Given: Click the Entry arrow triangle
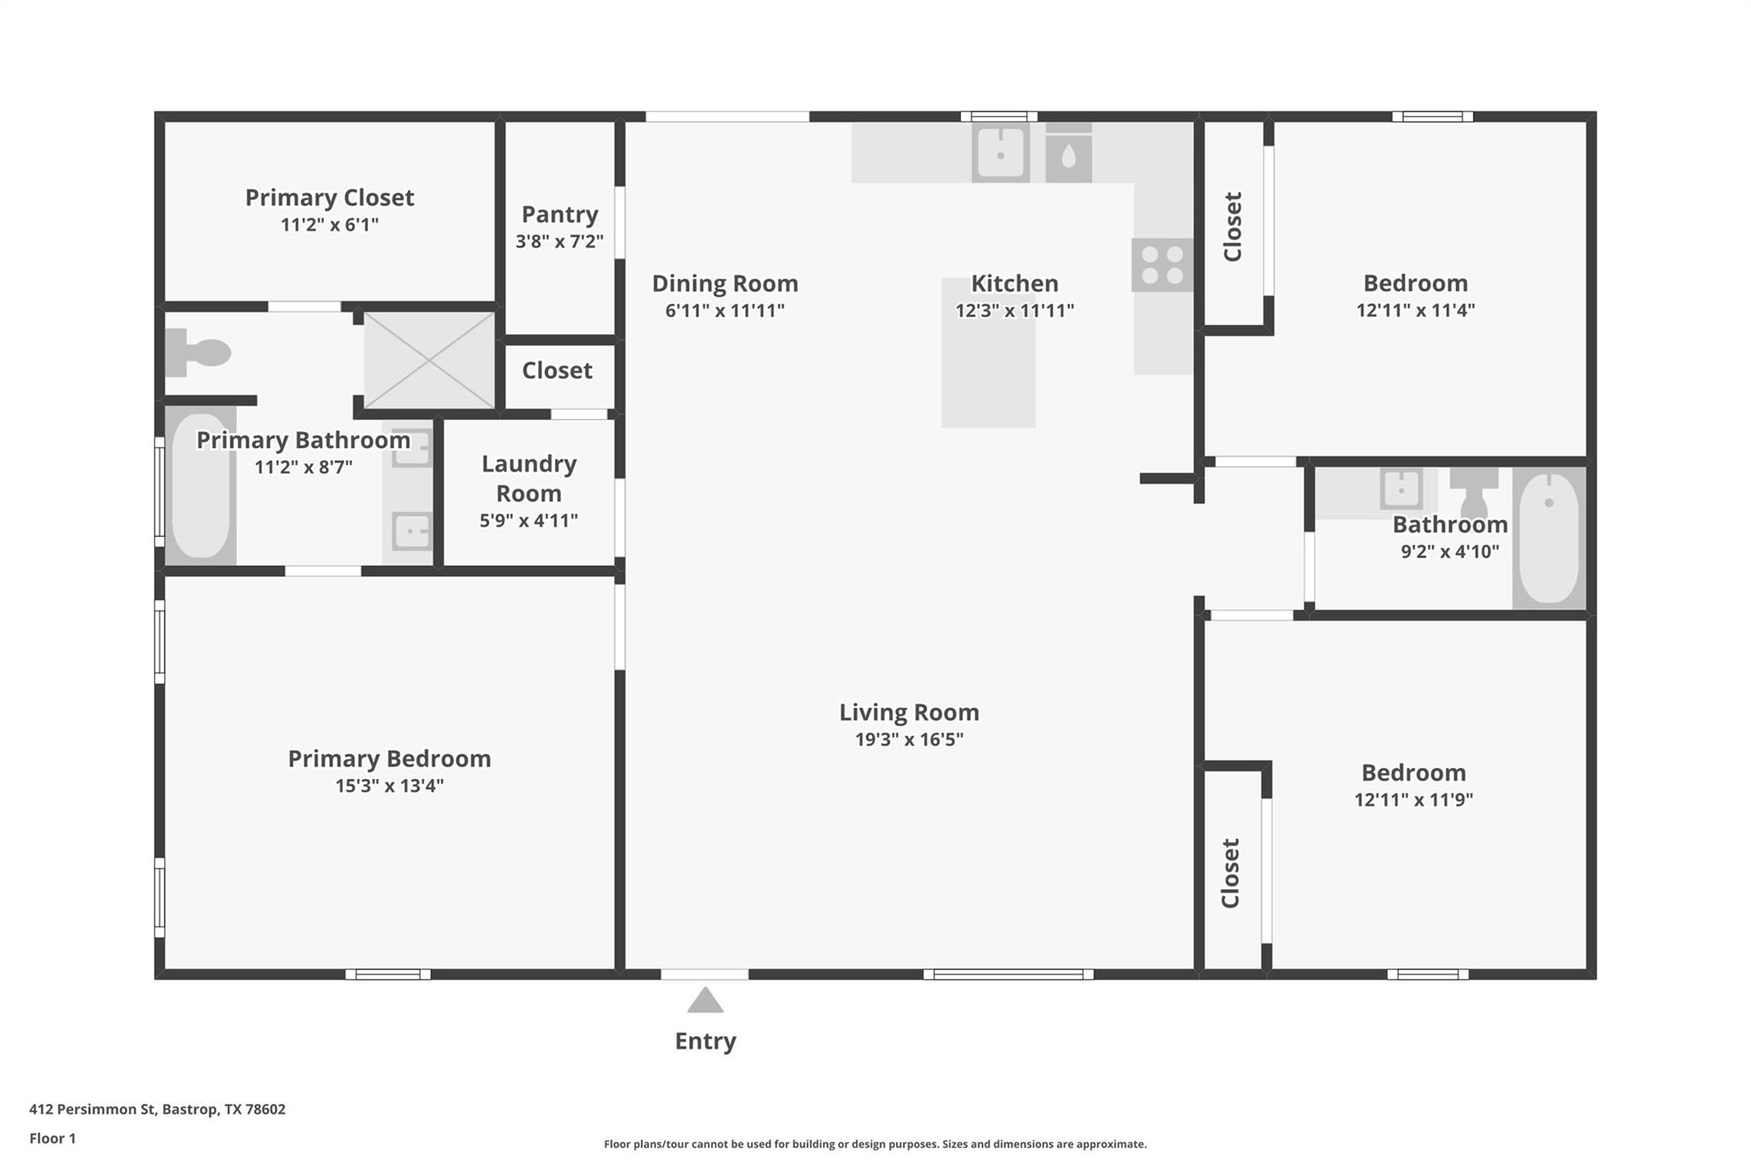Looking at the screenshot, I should point(705,1000).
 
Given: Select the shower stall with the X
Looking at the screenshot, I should point(429,360).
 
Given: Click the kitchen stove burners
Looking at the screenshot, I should point(1162,265).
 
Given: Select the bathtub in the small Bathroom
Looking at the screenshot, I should point(1548,539).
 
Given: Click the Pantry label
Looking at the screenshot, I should point(560,214).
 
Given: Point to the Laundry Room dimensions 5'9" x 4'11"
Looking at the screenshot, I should point(528,521).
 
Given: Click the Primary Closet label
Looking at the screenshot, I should point(329,197).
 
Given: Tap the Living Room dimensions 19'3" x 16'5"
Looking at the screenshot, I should point(909,740).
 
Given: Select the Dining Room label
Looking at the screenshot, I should point(725,283).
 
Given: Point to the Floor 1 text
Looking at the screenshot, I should point(53,1138).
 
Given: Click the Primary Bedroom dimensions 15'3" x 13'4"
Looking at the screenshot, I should point(389,786).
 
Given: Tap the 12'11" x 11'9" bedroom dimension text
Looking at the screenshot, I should point(1413,800).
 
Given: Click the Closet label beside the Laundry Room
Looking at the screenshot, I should point(557,370).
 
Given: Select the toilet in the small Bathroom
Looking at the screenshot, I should point(1474,492).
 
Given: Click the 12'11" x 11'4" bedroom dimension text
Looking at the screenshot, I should point(1415,310).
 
